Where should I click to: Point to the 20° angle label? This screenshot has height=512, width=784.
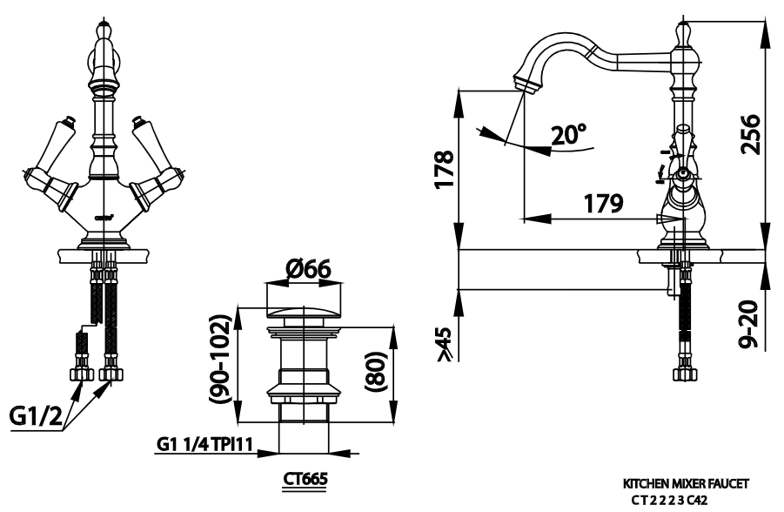pos(569,134)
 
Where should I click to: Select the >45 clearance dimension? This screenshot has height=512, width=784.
pos(445,343)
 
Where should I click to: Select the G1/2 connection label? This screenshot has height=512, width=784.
pos(36,417)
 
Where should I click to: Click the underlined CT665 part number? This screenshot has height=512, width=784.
pos(305,480)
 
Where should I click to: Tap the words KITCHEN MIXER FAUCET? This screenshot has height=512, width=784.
pos(686,482)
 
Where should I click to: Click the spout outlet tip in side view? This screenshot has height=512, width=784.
pos(525,84)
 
